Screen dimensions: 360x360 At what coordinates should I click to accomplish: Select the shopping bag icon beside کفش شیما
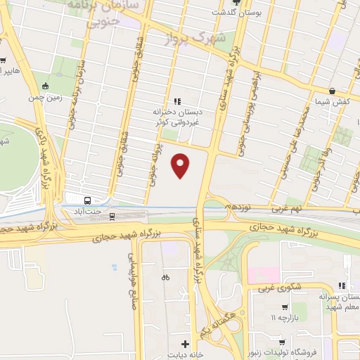tap(331, 91)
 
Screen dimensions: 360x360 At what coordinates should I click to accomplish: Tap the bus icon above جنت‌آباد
tap(87, 199)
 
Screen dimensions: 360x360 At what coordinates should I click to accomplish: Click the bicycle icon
tap(165, 277)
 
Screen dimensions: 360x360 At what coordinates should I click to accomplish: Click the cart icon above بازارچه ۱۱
tap(284, 307)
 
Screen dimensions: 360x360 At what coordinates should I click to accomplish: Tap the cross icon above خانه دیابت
tap(184, 344)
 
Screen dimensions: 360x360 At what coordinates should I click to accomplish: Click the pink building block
tap(263, 275)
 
